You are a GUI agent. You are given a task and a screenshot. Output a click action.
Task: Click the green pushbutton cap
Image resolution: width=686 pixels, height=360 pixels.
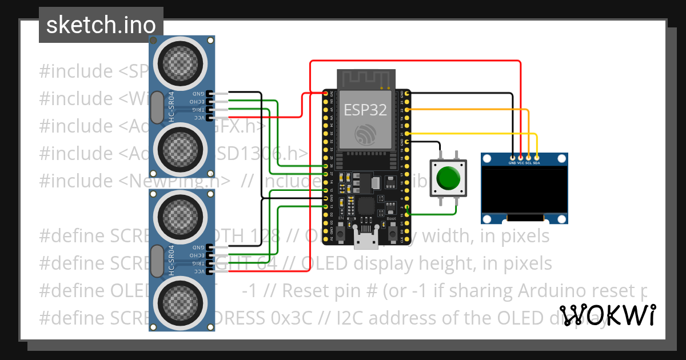point(448,178)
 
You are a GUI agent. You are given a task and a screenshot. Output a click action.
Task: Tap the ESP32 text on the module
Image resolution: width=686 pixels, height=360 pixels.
point(365,110)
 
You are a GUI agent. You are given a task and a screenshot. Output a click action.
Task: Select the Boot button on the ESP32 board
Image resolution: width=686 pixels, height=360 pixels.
point(393,233)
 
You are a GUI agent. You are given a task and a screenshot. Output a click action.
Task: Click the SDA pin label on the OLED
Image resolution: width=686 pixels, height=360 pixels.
point(536,162)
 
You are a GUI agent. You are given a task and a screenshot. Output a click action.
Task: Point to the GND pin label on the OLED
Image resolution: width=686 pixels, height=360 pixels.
point(512,162)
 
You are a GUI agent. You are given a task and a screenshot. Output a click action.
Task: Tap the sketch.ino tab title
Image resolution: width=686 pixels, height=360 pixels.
point(101,25)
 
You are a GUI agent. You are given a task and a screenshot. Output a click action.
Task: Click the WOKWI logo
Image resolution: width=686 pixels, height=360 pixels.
point(608,315)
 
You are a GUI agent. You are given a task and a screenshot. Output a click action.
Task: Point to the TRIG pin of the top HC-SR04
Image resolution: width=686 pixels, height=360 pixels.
point(210,109)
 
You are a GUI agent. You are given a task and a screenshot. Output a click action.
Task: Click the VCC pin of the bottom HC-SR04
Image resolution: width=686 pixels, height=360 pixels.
point(210,271)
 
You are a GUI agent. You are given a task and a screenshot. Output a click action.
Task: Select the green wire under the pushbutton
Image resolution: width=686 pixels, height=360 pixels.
point(434,214)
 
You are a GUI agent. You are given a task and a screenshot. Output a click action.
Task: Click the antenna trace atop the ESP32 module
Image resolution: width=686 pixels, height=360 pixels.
point(366,79)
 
